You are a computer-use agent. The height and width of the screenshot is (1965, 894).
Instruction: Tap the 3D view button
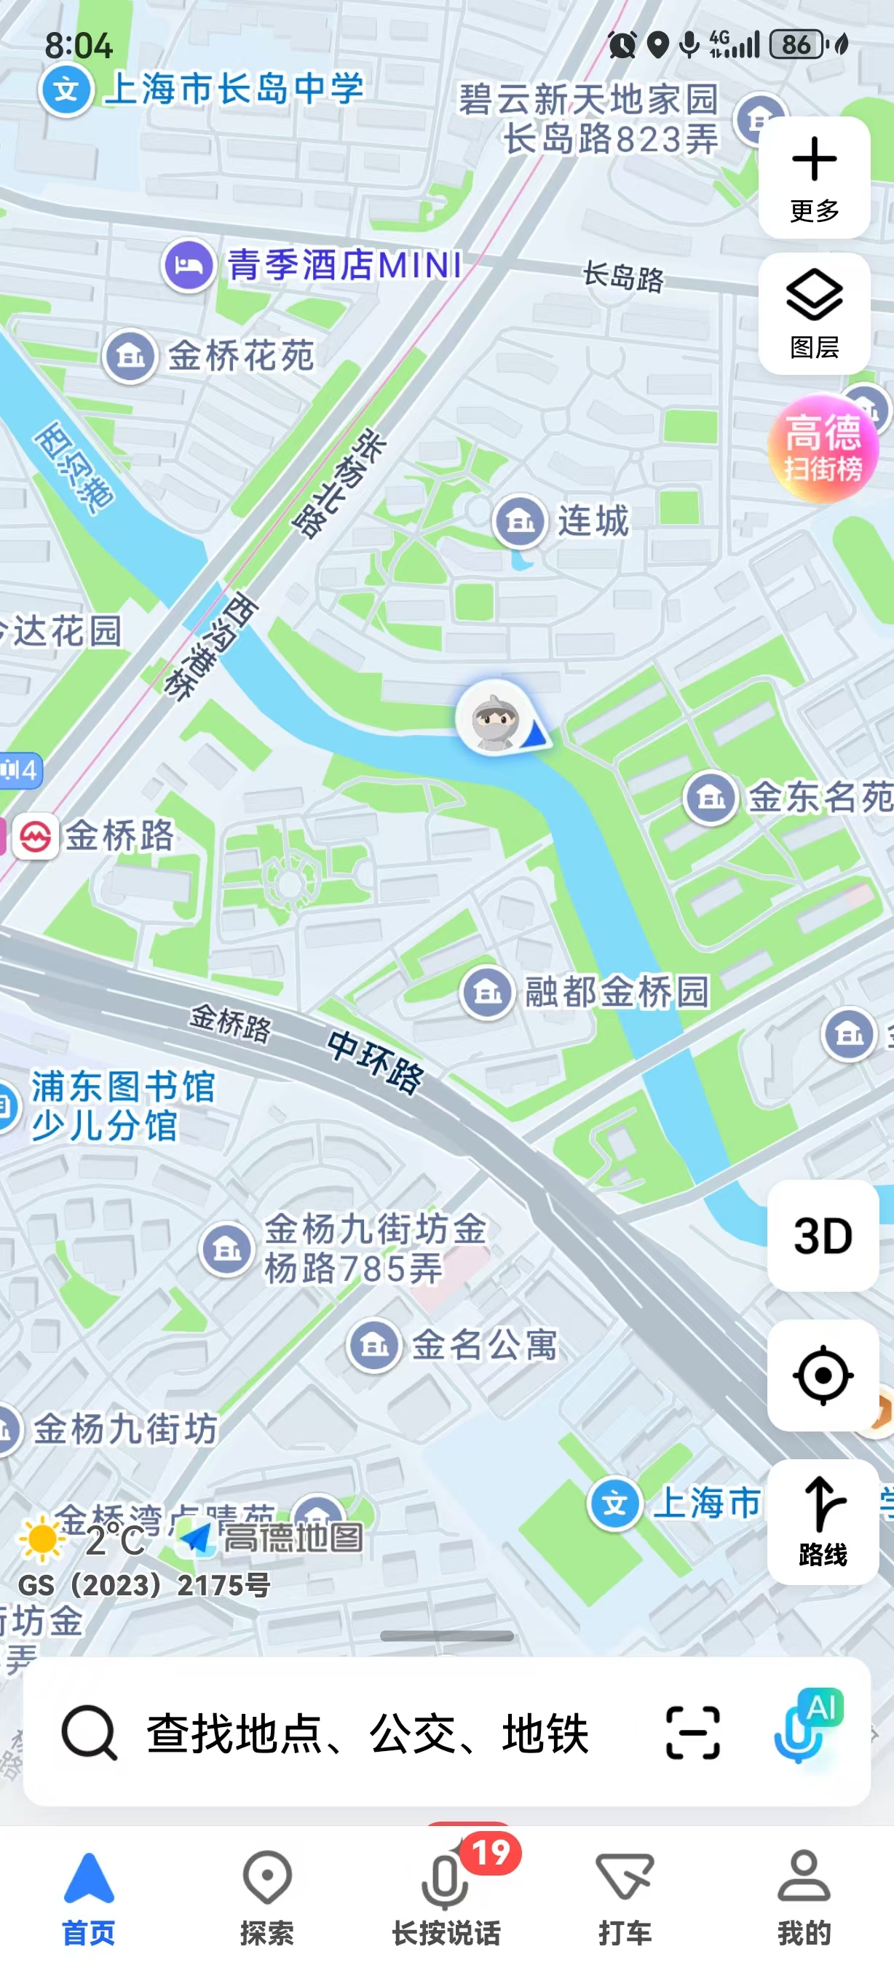pyautogui.click(x=823, y=1236)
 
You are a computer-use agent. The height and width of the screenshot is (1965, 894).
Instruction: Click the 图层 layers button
pyautogui.click(x=814, y=314)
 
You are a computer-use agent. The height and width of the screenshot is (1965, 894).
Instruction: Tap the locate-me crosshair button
pyautogui.click(x=823, y=1375)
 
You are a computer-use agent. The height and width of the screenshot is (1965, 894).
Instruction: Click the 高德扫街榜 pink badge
pyautogui.click(x=823, y=448)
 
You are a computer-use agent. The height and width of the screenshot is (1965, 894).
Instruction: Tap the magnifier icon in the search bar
pyautogui.click(x=90, y=1733)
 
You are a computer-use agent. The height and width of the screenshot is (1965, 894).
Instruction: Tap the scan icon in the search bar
pyautogui.click(x=692, y=1733)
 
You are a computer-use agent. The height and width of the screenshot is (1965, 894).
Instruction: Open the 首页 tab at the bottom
pyautogui.click(x=89, y=1897)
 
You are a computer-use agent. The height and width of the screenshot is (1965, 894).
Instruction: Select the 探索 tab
pyautogui.click(x=267, y=1897)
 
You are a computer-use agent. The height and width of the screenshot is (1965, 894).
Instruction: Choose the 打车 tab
pyautogui.click(x=625, y=1897)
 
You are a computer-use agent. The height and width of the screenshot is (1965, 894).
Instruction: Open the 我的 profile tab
pyautogui.click(x=803, y=1897)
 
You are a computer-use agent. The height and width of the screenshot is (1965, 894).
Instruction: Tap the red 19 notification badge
pyautogui.click(x=491, y=1852)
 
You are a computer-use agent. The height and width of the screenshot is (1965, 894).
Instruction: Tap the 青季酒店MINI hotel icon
pyautogui.click(x=189, y=266)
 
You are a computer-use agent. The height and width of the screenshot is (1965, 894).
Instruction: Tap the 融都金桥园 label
pyautogui.click(x=617, y=992)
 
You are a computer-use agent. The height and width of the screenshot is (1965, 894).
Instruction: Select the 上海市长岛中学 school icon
pyautogui.click(x=66, y=90)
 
